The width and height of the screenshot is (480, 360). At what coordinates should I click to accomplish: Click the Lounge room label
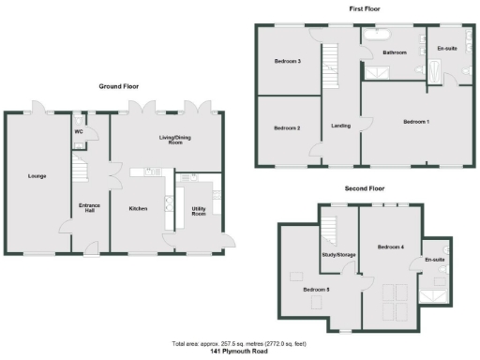pos(37,175)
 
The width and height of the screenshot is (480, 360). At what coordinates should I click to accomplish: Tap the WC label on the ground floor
pos(79,132)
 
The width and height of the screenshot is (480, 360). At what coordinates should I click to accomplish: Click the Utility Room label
pos(198,211)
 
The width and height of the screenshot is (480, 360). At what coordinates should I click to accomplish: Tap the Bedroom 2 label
pos(287,127)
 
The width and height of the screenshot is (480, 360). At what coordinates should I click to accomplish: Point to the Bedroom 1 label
pos(417,122)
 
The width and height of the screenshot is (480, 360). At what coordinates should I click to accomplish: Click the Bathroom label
pos(395,53)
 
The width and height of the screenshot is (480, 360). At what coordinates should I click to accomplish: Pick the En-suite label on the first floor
pos(447,48)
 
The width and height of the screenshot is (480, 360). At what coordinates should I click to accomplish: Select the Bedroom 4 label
pos(390,247)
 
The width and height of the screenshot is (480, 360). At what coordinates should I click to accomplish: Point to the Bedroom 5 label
pos(315,290)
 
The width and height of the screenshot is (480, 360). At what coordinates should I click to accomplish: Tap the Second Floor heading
pos(365,188)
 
